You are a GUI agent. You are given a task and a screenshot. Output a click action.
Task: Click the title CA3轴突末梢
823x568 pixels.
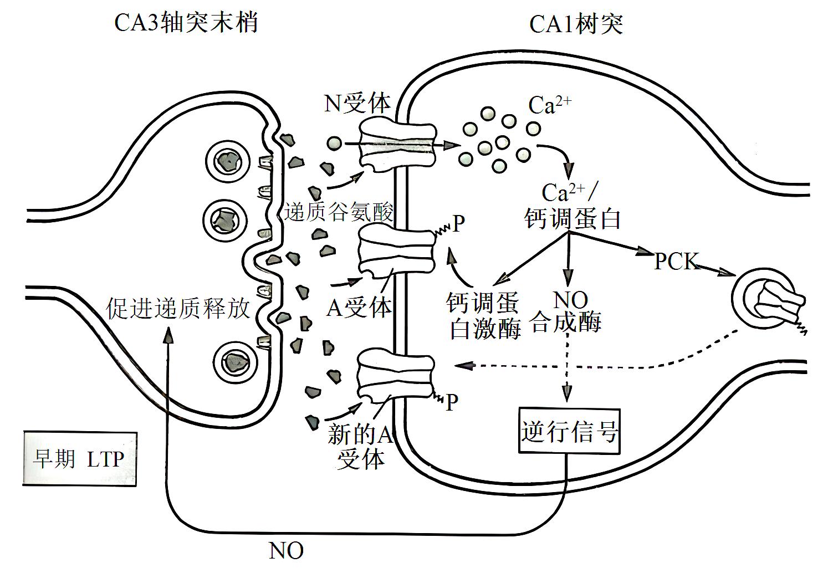186,23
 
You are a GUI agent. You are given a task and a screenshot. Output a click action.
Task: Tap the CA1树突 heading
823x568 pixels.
576,24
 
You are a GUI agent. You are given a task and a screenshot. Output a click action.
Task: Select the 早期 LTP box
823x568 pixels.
79,459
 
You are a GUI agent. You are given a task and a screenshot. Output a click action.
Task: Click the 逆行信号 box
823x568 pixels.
569,431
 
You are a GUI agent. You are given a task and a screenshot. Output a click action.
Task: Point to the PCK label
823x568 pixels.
676,261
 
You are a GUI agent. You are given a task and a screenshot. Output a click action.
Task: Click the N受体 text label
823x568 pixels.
357,103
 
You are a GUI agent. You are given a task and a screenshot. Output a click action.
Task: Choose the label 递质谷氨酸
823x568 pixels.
339,212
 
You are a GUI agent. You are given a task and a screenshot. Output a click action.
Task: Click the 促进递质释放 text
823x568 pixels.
178,309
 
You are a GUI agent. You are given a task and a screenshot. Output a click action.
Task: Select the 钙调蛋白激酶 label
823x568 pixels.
484,316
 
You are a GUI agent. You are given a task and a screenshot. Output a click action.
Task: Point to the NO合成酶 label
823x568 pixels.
566,311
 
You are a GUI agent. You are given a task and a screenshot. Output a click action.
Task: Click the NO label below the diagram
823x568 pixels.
286,551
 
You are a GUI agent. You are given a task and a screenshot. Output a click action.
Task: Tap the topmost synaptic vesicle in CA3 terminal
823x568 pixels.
227,161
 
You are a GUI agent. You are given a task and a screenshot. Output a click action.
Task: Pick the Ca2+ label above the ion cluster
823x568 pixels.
549,105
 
